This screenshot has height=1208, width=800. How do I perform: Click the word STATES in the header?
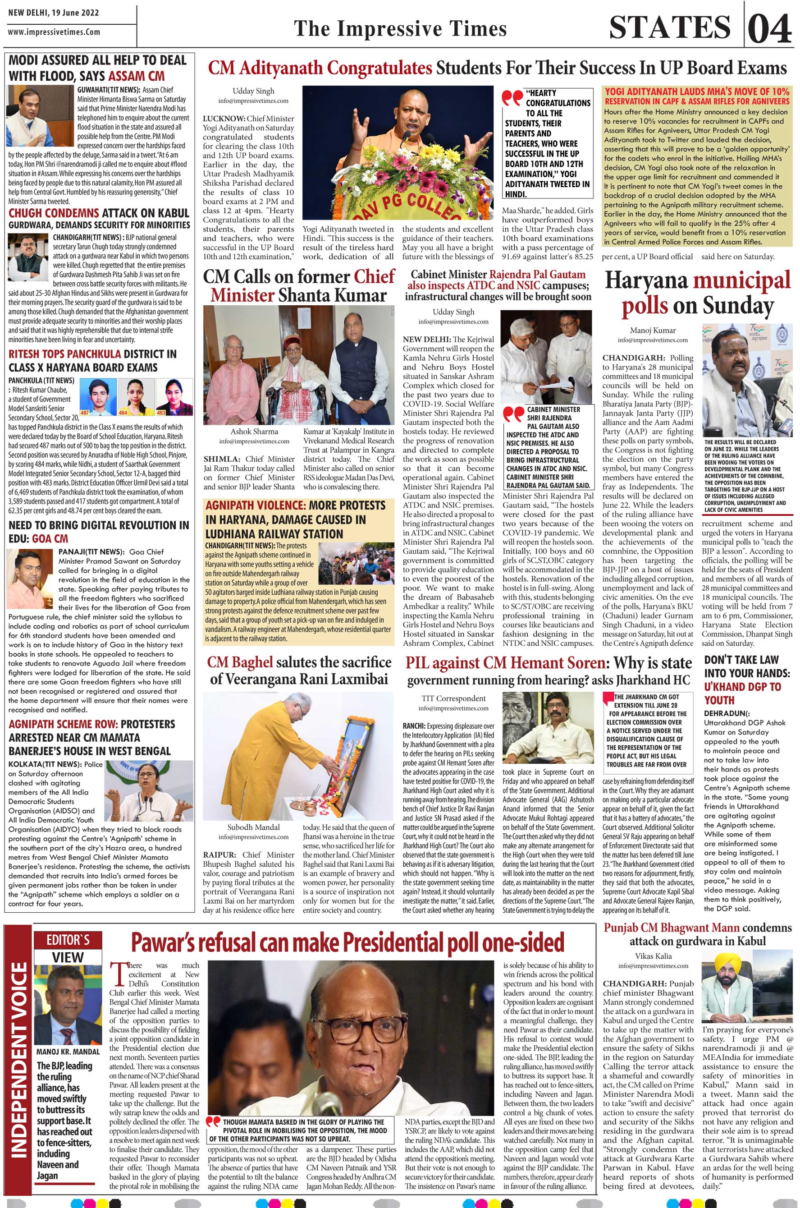point(670,28)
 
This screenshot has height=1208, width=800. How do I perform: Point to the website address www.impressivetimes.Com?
point(54,32)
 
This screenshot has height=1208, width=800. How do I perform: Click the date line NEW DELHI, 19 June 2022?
point(54,12)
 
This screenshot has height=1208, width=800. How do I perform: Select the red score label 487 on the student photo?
point(86,412)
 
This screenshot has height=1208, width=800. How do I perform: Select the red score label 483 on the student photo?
point(161,412)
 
